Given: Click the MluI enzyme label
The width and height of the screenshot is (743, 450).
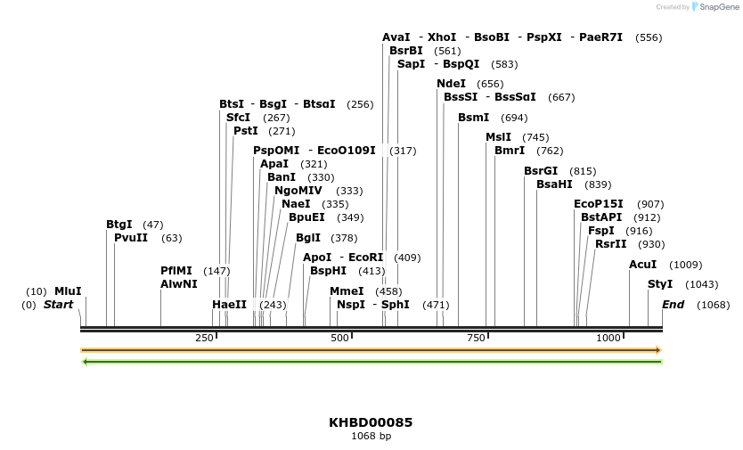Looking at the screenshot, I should pyautogui.click(x=68, y=291).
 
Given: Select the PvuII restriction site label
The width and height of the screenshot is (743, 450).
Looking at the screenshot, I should pyautogui.click(x=131, y=238).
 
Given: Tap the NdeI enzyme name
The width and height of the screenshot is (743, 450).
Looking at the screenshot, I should pyautogui.click(x=451, y=84).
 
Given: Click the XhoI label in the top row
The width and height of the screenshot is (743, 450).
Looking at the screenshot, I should pyautogui.click(x=442, y=37).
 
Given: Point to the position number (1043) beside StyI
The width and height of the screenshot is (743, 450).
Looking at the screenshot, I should pyautogui.click(x=701, y=284).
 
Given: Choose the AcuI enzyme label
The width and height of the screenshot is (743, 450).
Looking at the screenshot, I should pyautogui.click(x=642, y=265).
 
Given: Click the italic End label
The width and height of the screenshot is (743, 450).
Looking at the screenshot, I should pyautogui.click(x=673, y=305).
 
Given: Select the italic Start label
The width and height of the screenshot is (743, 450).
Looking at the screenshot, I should pyautogui.click(x=58, y=305).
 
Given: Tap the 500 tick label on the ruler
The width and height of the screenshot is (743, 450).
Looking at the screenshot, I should pyautogui.click(x=339, y=338).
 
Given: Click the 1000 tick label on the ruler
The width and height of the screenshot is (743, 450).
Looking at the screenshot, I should pyautogui.click(x=608, y=338).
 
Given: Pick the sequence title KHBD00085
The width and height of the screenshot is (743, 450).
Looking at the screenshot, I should pyautogui.click(x=371, y=422).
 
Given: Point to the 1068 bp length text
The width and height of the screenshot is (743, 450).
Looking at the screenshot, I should pyautogui.click(x=371, y=436).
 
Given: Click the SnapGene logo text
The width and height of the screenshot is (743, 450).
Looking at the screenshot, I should pyautogui.click(x=723, y=7).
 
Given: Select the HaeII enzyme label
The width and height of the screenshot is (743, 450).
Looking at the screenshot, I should pyautogui.click(x=229, y=305).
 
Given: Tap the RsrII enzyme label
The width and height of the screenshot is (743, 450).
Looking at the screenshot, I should pyautogui.click(x=610, y=244).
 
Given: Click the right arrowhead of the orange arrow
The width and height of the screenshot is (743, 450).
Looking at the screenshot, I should pyautogui.click(x=658, y=350).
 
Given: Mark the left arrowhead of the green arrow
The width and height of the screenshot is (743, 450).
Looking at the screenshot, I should pyautogui.click(x=84, y=361).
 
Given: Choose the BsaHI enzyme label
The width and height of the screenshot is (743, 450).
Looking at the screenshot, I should pyautogui.click(x=554, y=184).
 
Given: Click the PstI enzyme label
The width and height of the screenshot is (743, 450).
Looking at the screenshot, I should pyautogui.click(x=245, y=131).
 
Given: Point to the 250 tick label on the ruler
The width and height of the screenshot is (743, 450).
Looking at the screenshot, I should pyautogui.click(x=204, y=338).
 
